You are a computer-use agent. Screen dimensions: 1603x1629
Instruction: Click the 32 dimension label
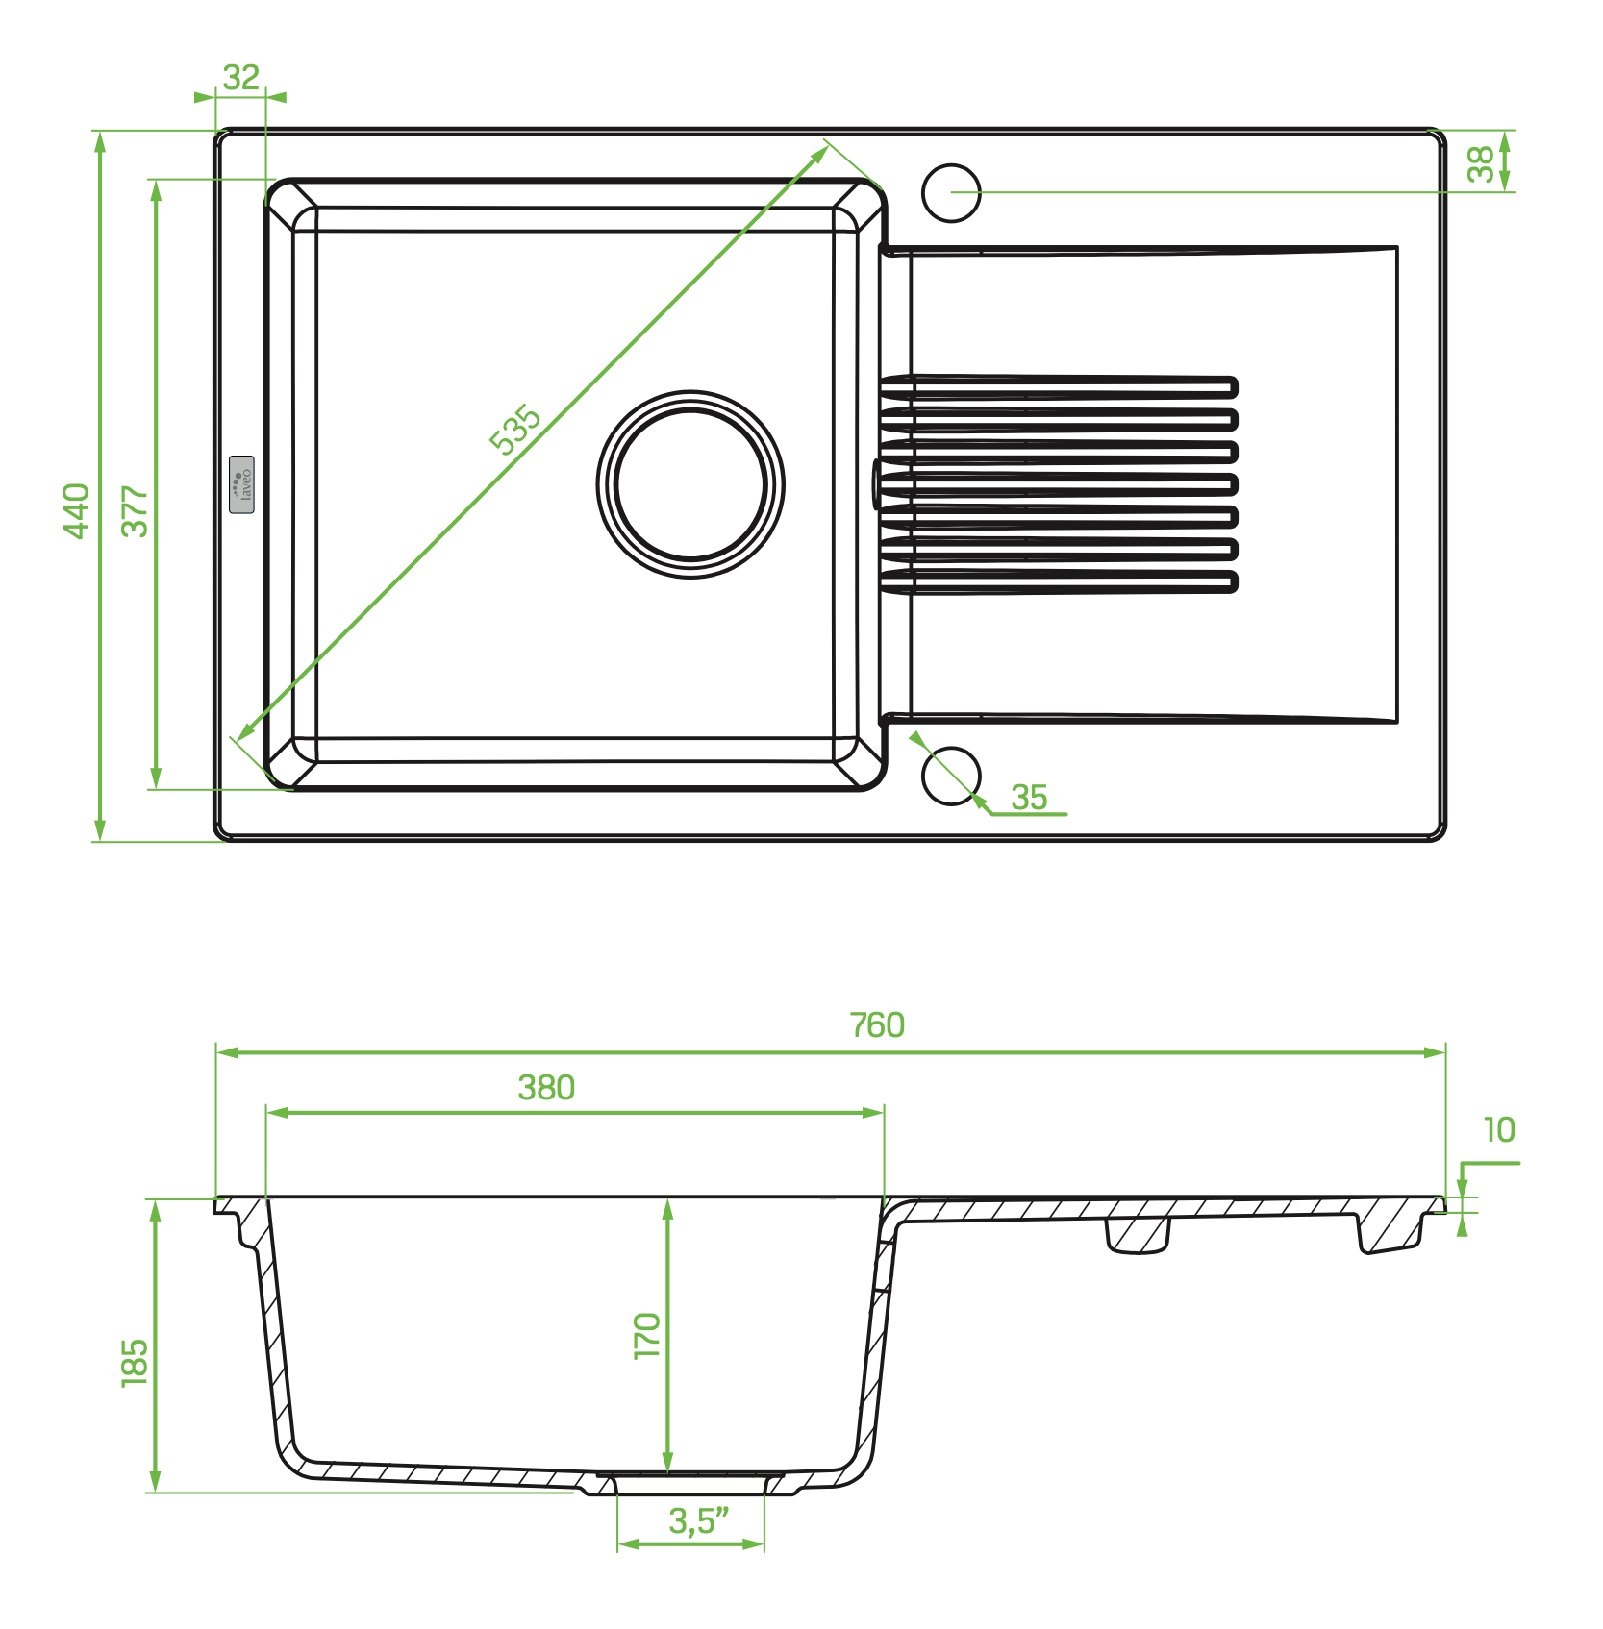click(240, 77)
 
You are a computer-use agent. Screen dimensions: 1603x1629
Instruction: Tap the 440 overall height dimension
click(76, 510)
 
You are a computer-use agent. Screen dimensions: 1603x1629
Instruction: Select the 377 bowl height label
click(135, 510)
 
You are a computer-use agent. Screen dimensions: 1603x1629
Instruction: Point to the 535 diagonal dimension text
click(515, 429)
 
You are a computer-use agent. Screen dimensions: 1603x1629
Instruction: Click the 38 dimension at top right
click(1481, 163)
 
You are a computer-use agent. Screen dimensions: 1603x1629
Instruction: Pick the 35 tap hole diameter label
click(1029, 797)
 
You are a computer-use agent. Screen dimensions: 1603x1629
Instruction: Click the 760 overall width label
click(877, 1025)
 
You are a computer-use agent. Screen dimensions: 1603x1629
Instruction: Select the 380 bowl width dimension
click(546, 1087)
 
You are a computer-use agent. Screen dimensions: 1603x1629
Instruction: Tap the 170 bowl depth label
click(647, 1335)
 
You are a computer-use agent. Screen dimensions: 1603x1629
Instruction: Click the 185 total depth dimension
click(135, 1362)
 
